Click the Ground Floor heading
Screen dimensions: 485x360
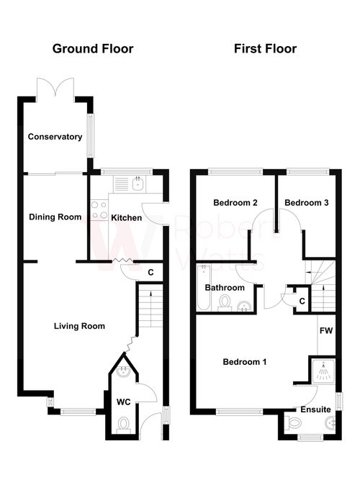click(92, 49)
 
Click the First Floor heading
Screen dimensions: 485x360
click(265, 49)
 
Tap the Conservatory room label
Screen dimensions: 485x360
click(55, 137)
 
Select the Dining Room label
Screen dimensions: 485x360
click(55, 217)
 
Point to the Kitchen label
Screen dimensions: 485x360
click(125, 217)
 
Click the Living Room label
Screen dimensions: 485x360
click(79, 326)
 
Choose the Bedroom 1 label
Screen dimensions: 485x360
click(244, 361)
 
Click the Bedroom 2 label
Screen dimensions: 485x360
click(235, 203)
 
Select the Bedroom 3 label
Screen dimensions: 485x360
click(306, 203)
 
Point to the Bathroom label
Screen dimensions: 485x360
click(225, 288)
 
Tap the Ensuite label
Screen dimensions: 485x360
click(316, 409)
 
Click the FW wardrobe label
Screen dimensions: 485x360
click(325, 331)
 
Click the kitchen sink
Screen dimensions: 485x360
click(139, 183)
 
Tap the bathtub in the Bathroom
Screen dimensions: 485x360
click(203, 287)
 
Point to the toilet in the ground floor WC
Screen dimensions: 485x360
click(123, 425)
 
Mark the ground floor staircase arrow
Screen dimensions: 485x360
click(149, 293)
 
